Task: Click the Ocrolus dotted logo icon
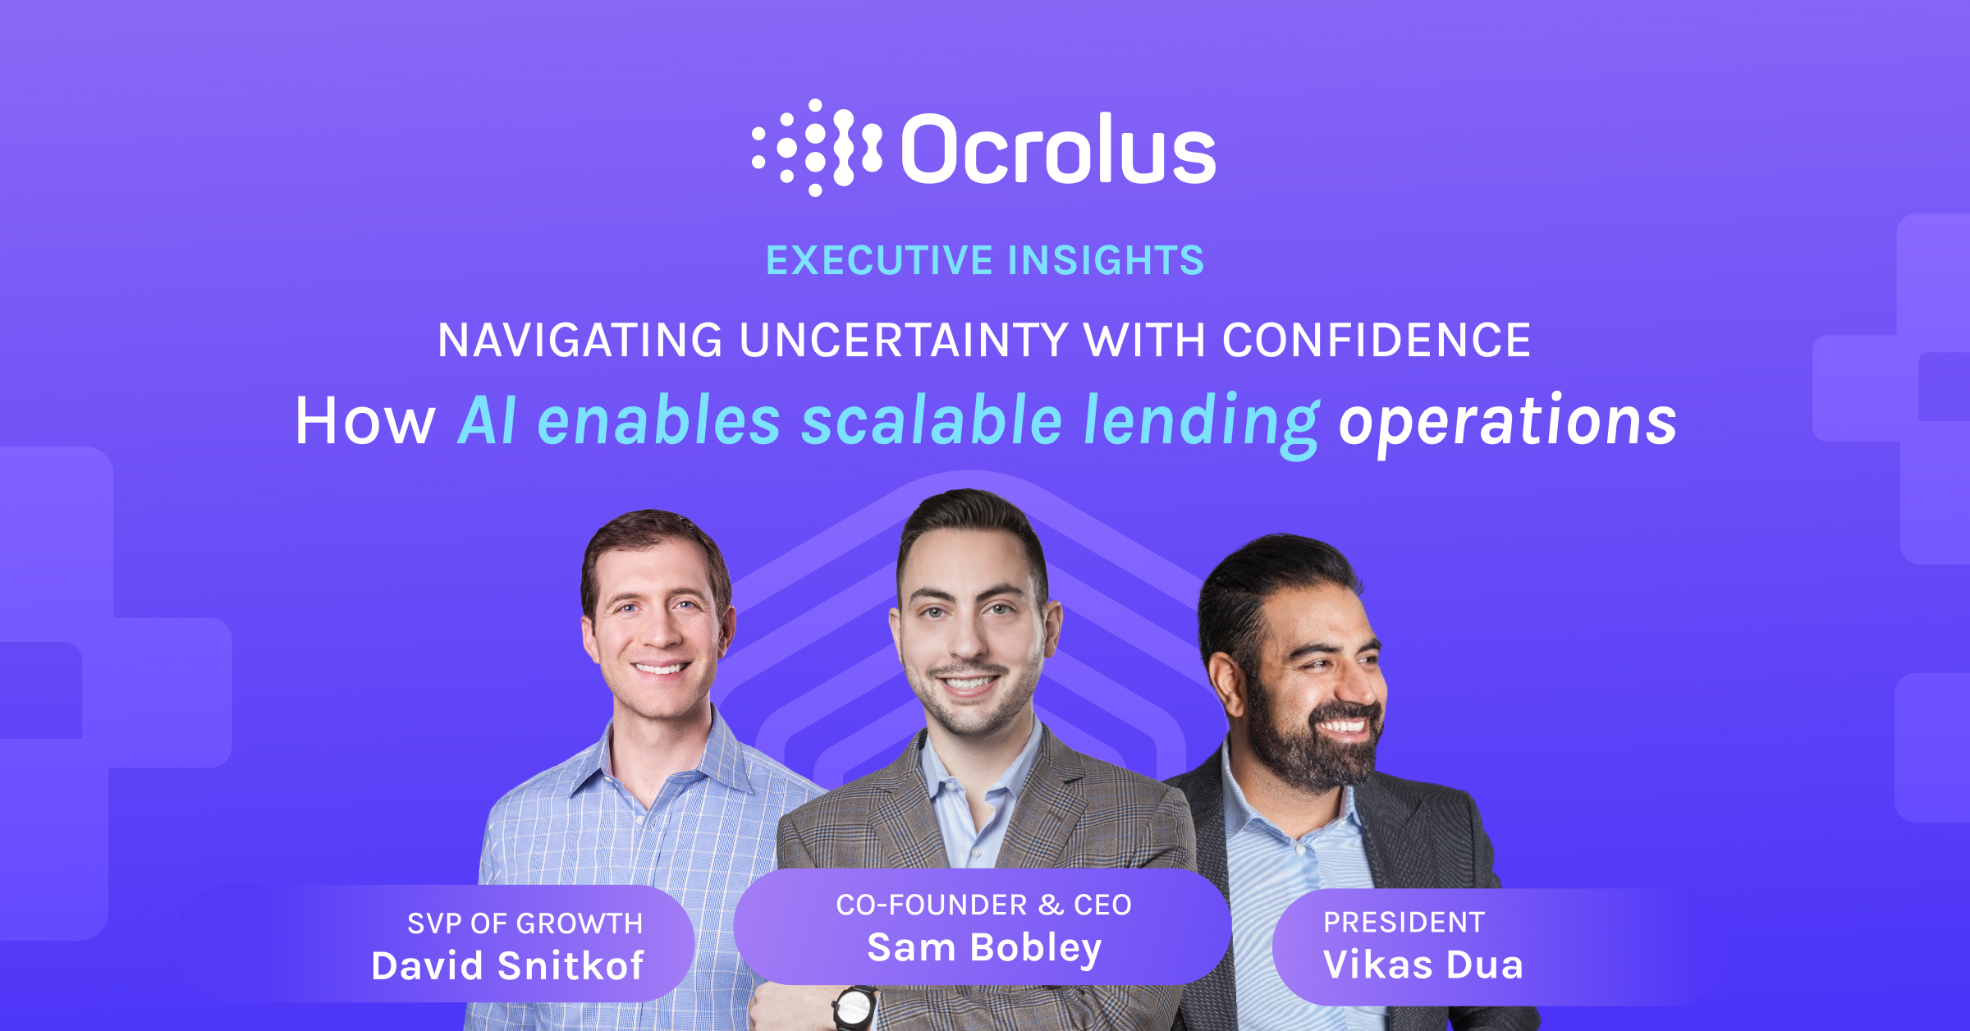[x=816, y=148]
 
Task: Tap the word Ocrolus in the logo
[x=1058, y=149]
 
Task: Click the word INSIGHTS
[x=1106, y=261]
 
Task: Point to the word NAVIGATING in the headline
[x=580, y=341]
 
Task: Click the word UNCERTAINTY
[x=904, y=341]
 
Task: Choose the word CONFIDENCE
[x=1377, y=341]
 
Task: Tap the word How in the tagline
[x=364, y=422]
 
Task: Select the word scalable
[x=932, y=420]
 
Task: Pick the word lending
[x=1202, y=422]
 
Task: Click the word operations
[x=1508, y=422]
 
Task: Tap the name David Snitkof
[x=507, y=966]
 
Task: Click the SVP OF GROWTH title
[x=525, y=923]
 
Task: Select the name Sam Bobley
[x=984, y=948]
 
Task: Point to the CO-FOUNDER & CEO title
[x=984, y=905]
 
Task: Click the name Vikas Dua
[x=1423, y=965]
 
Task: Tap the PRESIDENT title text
[x=1404, y=923]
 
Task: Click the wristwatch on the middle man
[x=854, y=1006]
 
